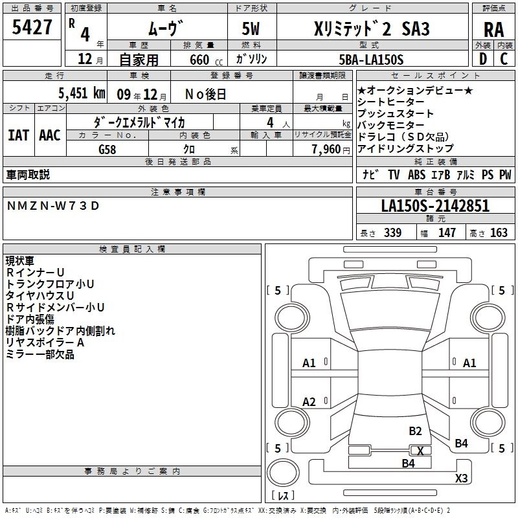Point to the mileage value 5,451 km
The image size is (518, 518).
(82, 93)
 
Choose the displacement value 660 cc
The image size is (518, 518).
(199, 60)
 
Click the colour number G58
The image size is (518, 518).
(108, 148)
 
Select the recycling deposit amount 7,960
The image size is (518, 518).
(324, 149)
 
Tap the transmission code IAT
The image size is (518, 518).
(18, 135)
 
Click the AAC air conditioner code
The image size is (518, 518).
(50, 135)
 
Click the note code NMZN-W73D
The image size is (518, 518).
(54, 205)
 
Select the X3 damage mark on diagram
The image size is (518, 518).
(461, 479)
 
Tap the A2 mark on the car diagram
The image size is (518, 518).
(309, 402)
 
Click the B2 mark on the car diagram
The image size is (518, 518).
(415, 431)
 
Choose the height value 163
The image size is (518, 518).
(499, 232)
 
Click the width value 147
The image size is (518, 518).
(447, 232)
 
